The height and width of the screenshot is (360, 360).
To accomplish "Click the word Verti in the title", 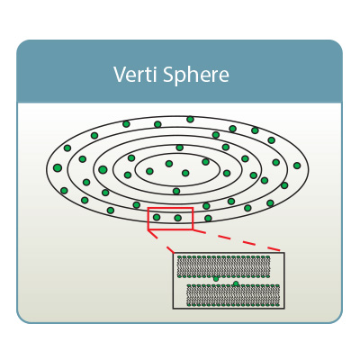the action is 135,74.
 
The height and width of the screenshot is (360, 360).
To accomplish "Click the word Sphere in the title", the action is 196,75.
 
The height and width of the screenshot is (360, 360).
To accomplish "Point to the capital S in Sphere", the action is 168,74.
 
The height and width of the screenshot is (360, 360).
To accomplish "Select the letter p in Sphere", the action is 181,77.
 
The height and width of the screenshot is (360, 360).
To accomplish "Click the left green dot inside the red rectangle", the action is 157,217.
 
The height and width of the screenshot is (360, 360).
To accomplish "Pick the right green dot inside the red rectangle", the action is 178,218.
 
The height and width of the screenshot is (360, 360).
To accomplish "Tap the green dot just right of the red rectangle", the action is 208,218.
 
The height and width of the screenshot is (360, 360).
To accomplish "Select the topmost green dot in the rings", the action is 190,120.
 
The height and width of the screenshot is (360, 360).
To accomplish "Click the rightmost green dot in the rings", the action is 297,166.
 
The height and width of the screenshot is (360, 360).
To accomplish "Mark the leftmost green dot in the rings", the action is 58,167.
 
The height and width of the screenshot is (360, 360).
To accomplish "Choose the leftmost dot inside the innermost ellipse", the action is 149,171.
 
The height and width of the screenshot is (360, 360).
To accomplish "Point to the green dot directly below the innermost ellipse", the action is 176,191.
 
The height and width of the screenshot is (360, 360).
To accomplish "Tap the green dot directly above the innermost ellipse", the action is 180,148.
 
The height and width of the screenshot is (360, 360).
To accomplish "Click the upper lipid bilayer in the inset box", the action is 224,266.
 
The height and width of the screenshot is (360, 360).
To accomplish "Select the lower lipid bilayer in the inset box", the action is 233,295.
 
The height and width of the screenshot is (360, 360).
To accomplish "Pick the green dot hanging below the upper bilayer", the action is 216,279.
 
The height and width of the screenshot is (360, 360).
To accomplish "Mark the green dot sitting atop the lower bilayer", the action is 236,283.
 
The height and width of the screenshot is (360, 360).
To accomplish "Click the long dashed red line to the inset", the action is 236,240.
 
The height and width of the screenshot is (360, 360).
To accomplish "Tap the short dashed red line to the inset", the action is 161,241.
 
